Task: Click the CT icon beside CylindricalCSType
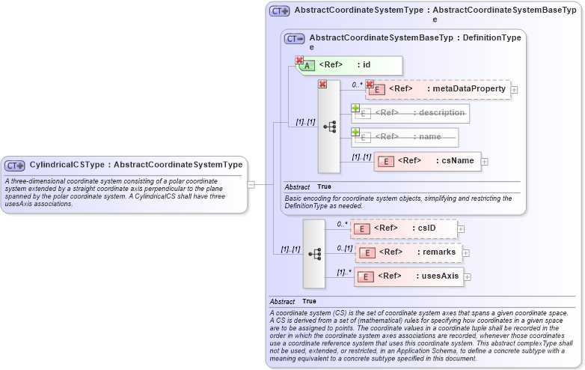(16, 165)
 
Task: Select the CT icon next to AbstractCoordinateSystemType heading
(280, 11)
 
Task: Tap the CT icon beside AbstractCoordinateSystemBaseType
(294, 38)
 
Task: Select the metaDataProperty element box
(437, 89)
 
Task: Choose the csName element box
(427, 161)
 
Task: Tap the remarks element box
(408, 252)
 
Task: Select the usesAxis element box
(408, 277)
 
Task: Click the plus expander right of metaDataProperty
(515, 90)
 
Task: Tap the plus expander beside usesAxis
(468, 278)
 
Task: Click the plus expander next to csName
(485, 161)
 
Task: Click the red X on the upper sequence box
(322, 85)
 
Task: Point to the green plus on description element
(355, 108)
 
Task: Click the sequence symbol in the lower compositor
(314, 254)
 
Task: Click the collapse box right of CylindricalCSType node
(251, 184)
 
